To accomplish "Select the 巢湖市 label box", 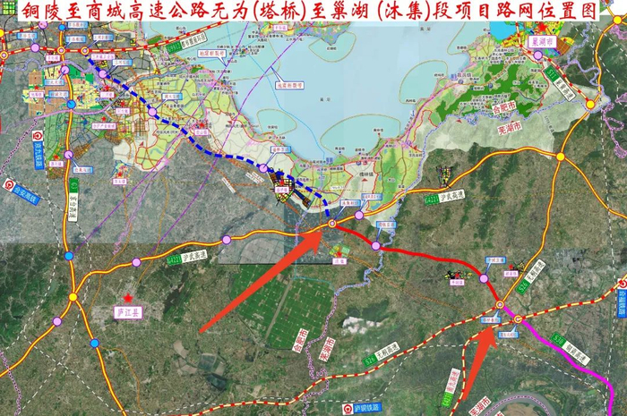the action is click(542, 41).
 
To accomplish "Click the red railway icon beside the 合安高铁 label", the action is click(9, 187).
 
